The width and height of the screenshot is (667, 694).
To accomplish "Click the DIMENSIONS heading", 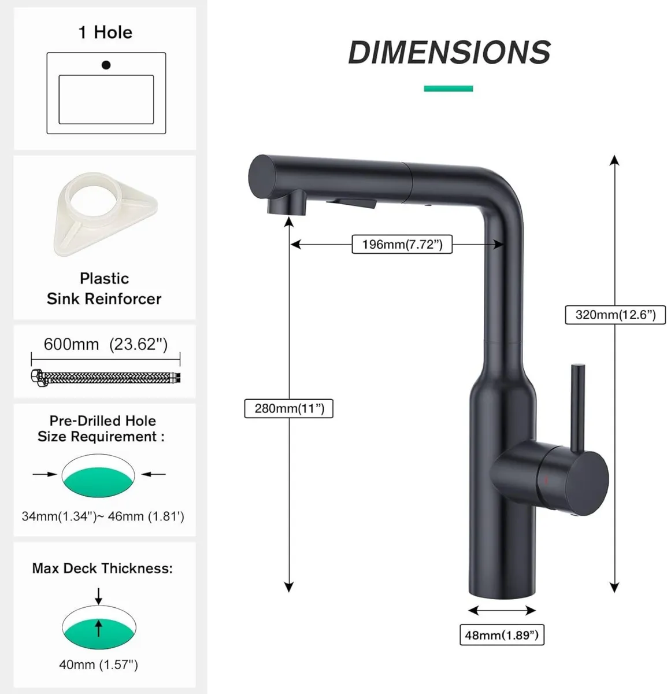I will click(449, 52).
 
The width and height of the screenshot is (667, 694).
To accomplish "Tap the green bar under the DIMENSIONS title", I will click(448, 88).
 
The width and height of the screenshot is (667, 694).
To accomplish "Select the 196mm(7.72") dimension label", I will click(402, 245).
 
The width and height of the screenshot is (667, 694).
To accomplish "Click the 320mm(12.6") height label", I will click(615, 315).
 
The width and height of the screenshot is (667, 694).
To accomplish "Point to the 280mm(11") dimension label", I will click(289, 409).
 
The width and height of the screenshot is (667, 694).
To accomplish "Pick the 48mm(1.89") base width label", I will click(501, 636).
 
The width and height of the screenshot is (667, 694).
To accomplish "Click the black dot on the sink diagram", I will click(106, 65).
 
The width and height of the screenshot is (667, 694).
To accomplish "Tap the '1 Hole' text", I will click(105, 32).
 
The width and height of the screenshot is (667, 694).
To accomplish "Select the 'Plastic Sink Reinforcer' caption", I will click(104, 289).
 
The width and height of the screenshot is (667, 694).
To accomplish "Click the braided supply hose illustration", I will click(105, 378).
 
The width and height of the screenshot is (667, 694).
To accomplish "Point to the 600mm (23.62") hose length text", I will click(105, 345).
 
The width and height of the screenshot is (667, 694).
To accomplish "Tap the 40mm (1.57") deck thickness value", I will click(98, 665).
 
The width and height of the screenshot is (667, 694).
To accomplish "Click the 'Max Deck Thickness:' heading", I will click(102, 569).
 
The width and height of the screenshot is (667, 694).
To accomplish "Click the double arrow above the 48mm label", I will click(501, 611).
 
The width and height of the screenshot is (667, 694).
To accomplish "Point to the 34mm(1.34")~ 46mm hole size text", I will click(103, 516).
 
